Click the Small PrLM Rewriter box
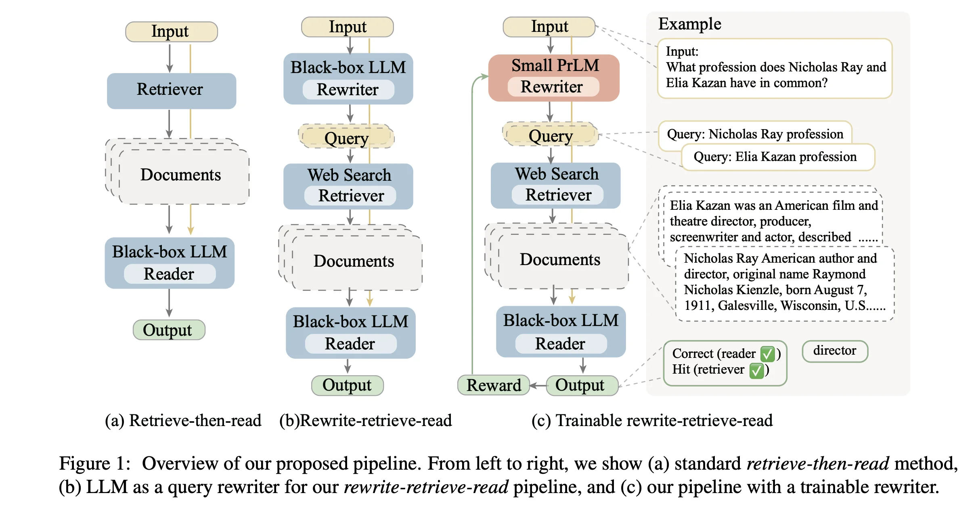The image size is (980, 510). pos(554,78)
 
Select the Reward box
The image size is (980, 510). pos(493,385)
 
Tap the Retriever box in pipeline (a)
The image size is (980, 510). pos(172,91)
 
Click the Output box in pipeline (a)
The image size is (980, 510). pos(169,330)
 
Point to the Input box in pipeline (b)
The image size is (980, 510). pos(348,27)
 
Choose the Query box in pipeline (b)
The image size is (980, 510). pos(346,136)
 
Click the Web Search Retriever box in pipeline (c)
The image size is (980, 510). pos(556,186)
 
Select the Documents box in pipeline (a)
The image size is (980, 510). pos(178,171)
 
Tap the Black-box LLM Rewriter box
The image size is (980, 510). pos(348,79)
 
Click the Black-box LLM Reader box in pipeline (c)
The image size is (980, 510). pos(561,332)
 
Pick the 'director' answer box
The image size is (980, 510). pos(835,351)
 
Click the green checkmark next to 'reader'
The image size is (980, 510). pos(767,354)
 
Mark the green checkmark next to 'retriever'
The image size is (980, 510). pos(756,370)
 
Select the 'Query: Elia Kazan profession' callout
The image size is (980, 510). pos(778,157)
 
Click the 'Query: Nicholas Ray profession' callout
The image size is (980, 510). pos(755,134)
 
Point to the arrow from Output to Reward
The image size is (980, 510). pos(538,386)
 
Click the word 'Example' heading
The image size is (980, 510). pos(690,24)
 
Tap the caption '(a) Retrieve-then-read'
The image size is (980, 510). pos(183,420)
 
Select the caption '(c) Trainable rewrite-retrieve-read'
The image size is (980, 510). pos(652,420)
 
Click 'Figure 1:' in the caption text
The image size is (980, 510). pos(95,463)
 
